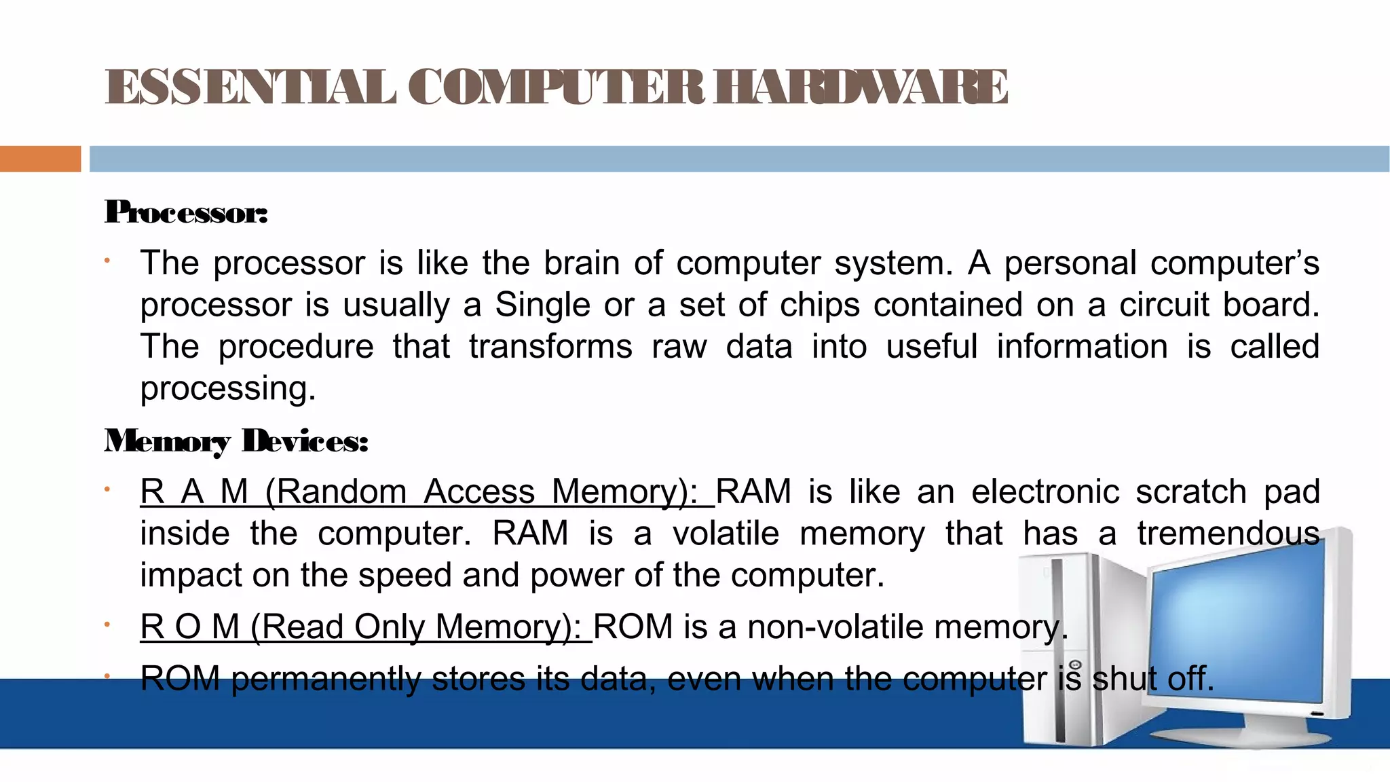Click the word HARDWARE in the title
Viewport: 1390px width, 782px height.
click(861, 88)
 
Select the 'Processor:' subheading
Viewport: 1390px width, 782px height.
click(186, 212)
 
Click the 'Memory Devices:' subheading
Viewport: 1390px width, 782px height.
click(236, 441)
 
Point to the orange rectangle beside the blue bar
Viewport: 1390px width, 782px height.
click(40, 159)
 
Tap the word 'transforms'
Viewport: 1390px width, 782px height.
click(550, 347)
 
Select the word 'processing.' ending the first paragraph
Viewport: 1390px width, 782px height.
click(228, 389)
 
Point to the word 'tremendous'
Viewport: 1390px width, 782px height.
click(1228, 534)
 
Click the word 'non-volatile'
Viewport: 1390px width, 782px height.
click(835, 627)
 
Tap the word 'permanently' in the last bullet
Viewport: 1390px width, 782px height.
click(326, 679)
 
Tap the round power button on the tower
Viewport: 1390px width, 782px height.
click(1075, 665)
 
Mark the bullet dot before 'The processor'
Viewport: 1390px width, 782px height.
click(107, 261)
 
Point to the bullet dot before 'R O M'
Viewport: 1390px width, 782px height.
click(107, 624)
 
